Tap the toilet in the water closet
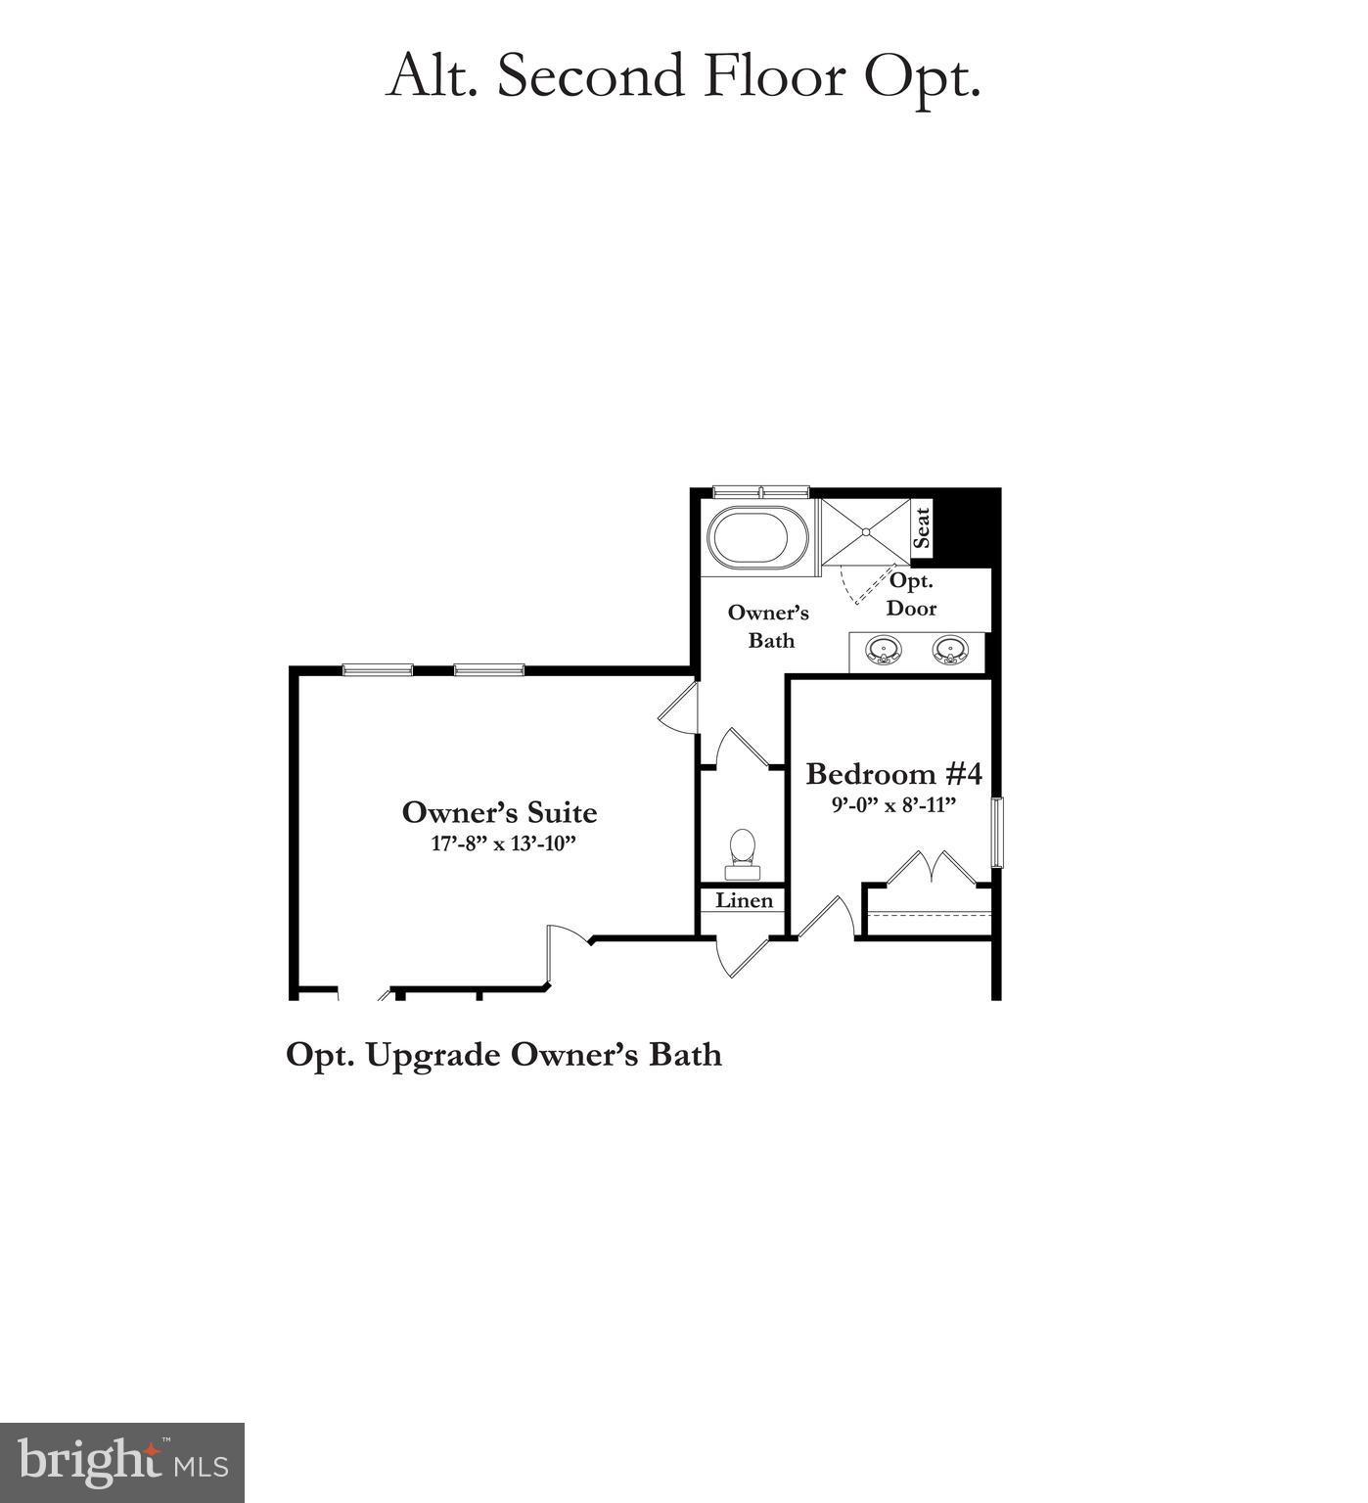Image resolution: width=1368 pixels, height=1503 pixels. click(x=742, y=852)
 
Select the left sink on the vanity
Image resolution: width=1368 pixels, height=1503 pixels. click(x=884, y=650)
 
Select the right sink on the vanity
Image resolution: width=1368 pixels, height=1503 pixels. click(x=949, y=650)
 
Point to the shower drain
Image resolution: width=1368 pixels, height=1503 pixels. click(x=865, y=531)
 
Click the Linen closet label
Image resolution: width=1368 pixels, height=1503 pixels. click(x=744, y=900)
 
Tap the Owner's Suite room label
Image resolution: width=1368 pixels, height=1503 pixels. click(x=499, y=812)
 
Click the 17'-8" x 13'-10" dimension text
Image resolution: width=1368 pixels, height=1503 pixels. click(x=499, y=843)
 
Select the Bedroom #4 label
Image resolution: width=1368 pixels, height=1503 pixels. click(x=893, y=774)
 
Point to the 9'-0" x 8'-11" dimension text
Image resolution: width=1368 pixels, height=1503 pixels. click(x=892, y=804)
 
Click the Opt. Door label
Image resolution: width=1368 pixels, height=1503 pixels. click(x=911, y=594)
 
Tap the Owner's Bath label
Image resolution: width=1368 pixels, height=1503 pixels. click(x=769, y=626)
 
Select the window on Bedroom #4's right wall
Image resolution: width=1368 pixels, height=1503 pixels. click(x=997, y=832)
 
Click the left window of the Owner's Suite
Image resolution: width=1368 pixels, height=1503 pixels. click(x=378, y=669)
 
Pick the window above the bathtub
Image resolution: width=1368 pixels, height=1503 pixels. click(x=760, y=491)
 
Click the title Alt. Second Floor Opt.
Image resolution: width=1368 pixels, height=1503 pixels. click(x=683, y=75)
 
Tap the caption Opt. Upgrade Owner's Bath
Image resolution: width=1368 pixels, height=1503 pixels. click(x=504, y=1055)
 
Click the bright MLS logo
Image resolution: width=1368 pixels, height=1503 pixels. click(x=122, y=1462)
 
